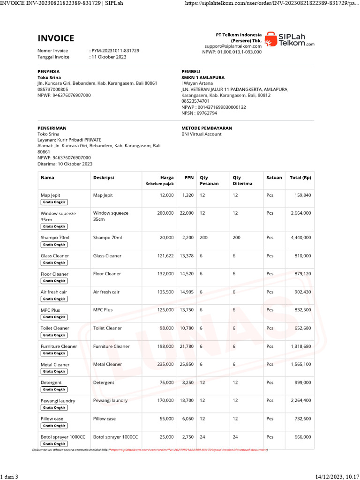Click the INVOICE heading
coord(56,38)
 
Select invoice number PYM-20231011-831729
coord(115,51)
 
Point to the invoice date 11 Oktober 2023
coord(109,57)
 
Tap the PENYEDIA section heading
coord(48,71)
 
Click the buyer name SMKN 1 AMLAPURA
coord(202,77)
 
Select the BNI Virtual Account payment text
coord(201,134)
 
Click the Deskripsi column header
coord(104,178)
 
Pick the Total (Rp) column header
coord(300,178)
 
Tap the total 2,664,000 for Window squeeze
coord(300,213)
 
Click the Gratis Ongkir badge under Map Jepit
coord(54,202)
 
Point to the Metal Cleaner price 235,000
coord(165,364)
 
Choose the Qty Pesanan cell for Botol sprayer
coord(202,437)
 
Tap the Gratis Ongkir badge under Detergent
coord(54,390)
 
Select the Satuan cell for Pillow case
coord(270,419)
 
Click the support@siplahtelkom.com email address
coord(232,46)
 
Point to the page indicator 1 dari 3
coord(9,477)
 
